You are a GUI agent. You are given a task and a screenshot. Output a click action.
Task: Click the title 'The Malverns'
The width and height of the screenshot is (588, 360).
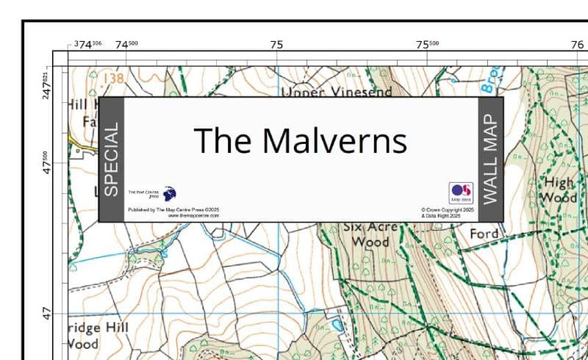300,140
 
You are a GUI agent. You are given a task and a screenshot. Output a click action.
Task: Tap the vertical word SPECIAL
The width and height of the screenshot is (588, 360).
111,159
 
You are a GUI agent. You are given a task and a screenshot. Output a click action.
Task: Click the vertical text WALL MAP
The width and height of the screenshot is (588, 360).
491,159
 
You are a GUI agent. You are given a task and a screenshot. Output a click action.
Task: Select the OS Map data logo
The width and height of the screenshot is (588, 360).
461,192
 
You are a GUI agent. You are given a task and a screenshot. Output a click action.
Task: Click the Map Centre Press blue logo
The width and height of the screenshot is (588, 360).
170,194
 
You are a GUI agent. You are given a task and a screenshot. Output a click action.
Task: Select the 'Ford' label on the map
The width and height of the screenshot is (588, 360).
484,234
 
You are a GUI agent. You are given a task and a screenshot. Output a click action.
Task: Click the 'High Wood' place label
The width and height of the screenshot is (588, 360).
559,190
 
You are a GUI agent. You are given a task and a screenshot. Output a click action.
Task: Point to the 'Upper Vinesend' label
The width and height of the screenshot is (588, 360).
337,92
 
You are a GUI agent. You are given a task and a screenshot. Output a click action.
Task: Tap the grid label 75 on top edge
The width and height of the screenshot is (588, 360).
276,44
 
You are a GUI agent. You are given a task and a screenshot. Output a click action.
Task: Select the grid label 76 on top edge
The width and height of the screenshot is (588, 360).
576,44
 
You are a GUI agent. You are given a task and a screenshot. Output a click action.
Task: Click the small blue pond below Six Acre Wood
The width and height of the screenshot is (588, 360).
337,323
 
